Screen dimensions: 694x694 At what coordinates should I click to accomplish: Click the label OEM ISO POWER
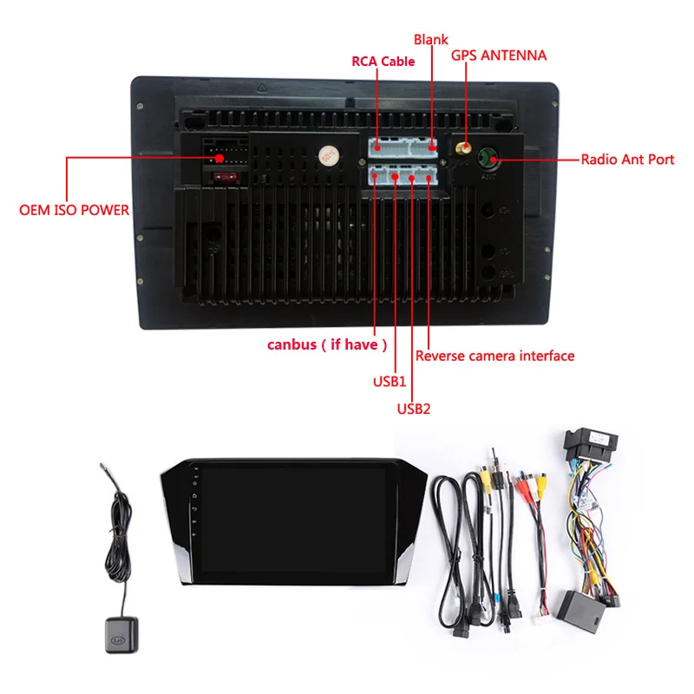[74, 210]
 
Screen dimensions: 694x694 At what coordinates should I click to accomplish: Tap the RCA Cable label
[383, 62]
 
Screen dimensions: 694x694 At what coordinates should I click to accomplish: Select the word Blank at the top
[431, 40]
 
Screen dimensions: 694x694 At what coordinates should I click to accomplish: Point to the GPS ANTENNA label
[499, 56]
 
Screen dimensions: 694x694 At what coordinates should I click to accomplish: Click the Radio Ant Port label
[627, 160]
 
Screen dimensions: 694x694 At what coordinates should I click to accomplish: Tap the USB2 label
[414, 408]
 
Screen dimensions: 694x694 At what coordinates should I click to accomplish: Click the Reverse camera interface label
[494, 356]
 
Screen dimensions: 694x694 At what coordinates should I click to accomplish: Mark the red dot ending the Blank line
[432, 147]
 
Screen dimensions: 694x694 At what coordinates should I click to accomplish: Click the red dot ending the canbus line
[376, 177]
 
